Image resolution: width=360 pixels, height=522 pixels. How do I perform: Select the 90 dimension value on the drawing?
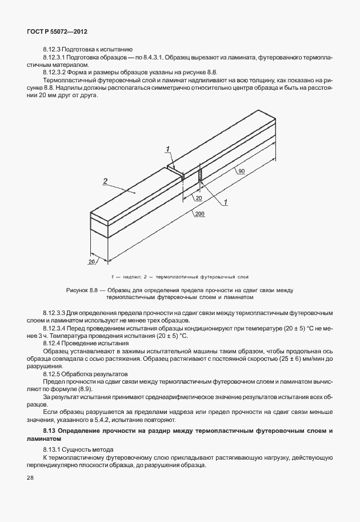pyautogui.click(x=242, y=172)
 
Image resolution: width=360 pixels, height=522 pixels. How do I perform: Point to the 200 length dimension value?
pyautogui.click(x=199, y=213)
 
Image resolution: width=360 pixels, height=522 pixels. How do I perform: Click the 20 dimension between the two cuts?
pyautogui.click(x=198, y=197)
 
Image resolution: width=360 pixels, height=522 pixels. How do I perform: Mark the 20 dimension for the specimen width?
pyautogui.click(x=91, y=261)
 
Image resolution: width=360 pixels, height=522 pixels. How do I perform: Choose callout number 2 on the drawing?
pyautogui.click(x=105, y=181)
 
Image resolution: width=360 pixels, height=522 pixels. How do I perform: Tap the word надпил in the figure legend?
pyautogui.click(x=129, y=276)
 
